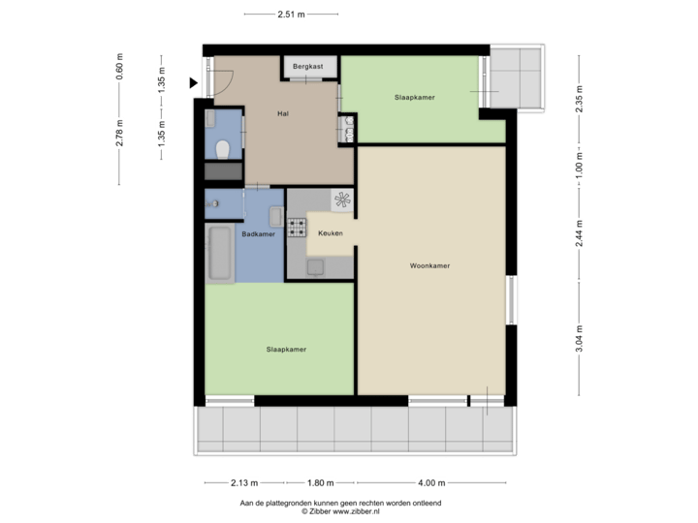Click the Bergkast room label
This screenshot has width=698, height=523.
click(x=310, y=66)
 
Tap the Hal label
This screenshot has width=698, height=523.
click(x=283, y=113)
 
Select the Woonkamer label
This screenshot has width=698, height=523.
click(x=430, y=265)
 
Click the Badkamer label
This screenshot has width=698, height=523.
click(x=259, y=233)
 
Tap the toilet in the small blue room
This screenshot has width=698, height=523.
click(x=223, y=149)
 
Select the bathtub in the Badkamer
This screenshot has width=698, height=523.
click(x=221, y=255)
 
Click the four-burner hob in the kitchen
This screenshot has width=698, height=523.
click(x=297, y=231)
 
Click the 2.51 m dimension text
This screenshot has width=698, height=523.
click(x=291, y=15)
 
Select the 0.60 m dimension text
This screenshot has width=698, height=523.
click(x=120, y=68)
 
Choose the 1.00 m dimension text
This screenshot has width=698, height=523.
click(x=579, y=165)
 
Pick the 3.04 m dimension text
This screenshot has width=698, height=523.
click(x=579, y=339)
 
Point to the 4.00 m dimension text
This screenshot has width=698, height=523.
click(x=430, y=483)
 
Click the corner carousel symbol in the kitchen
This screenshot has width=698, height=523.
click(x=342, y=200)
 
